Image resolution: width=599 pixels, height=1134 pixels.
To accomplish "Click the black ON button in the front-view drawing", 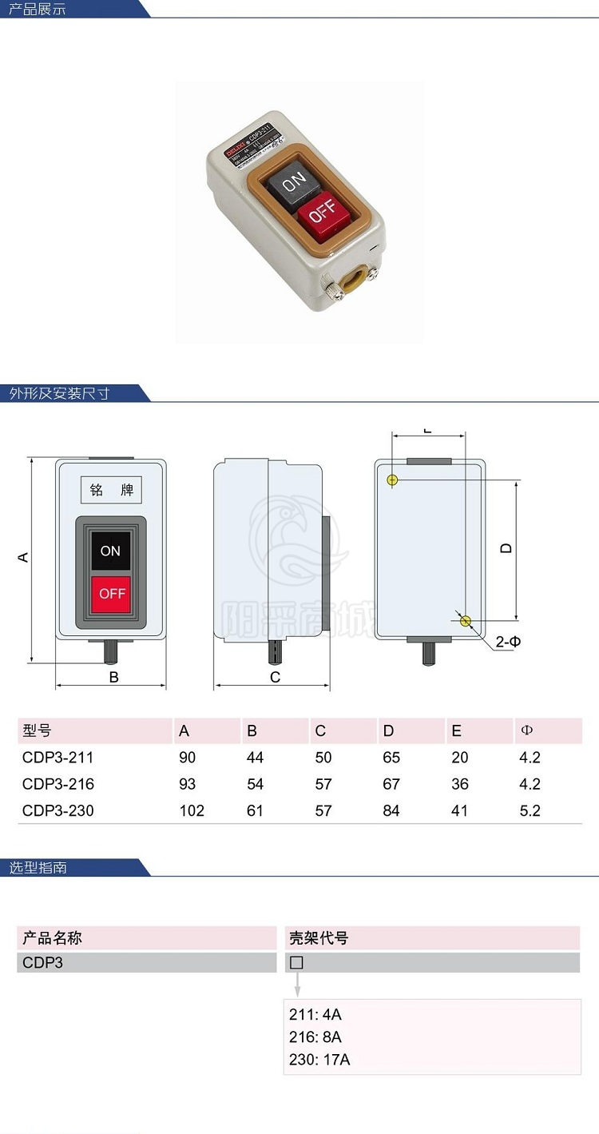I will point(110,551).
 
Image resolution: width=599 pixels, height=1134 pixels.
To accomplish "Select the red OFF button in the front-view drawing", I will point(112,594).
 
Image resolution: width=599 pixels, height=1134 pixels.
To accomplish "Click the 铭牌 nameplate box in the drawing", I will point(112,490).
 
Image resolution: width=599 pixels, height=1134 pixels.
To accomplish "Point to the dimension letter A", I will point(24,557).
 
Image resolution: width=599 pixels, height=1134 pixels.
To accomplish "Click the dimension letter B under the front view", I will point(113,677).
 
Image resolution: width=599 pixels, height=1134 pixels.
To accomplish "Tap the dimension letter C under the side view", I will point(275,678).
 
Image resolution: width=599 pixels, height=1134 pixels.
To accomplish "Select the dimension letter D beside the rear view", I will point(506,548).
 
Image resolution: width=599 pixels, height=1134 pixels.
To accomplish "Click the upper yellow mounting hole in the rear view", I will point(392,479).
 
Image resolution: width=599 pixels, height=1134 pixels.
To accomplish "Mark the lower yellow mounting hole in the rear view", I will point(466,621).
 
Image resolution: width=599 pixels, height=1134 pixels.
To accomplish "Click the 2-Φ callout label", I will point(509,642).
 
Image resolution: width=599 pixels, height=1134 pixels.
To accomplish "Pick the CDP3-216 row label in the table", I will point(58,784).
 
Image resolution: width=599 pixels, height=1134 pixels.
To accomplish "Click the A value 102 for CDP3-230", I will point(192,810).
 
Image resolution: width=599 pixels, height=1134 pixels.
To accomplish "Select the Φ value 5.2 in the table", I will point(530,810).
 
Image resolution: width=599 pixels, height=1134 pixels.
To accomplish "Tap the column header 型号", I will point(37,730).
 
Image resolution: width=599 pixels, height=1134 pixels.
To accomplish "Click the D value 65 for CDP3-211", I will point(391,758).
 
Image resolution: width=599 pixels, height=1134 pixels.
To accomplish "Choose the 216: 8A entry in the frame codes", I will point(315,1037).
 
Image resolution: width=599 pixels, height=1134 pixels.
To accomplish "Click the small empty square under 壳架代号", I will point(296,963).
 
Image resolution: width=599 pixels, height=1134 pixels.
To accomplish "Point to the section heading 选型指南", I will point(38,868).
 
